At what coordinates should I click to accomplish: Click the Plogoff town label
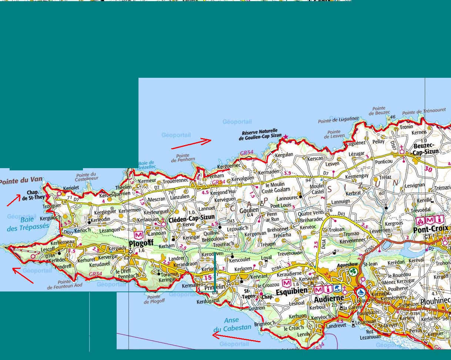click(x=141, y=244)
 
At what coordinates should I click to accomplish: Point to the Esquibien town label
click(x=292, y=291)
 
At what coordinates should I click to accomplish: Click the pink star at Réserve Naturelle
click(x=285, y=137)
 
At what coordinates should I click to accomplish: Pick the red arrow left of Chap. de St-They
click(x=14, y=200)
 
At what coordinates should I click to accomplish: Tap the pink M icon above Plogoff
click(x=138, y=235)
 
